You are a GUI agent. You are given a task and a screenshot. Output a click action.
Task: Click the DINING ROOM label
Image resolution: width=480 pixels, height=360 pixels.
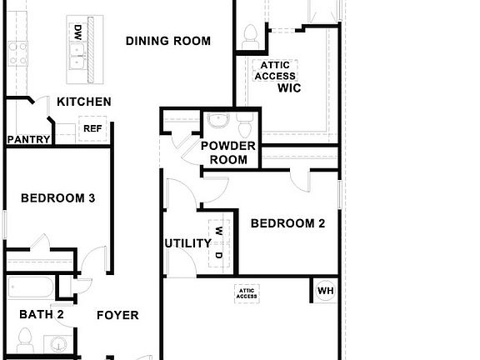[167, 40]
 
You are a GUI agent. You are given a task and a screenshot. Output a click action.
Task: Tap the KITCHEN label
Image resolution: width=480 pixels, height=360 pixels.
[83, 102]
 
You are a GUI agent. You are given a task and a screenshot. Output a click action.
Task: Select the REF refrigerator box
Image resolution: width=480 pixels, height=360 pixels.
[91, 128]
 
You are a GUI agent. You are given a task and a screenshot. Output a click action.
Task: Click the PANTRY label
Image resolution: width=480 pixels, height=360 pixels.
[28, 139]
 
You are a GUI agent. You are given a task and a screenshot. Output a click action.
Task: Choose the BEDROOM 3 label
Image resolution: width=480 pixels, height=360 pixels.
[57, 198]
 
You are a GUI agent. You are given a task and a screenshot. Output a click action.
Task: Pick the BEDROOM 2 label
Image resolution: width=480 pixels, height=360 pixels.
[287, 223]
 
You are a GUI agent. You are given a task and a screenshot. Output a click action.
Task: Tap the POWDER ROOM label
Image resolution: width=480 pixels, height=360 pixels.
[228, 152]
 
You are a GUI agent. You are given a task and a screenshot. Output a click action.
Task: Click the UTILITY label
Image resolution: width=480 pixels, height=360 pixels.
[187, 243]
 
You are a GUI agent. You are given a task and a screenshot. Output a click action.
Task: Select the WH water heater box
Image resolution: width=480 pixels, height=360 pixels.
[325, 290]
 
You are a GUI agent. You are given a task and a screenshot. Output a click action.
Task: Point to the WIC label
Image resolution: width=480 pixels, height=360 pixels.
[289, 87]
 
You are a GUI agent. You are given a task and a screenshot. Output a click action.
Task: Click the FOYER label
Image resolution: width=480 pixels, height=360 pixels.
[117, 316]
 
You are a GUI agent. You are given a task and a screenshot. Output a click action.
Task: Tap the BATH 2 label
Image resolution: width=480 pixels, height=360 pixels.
[42, 314]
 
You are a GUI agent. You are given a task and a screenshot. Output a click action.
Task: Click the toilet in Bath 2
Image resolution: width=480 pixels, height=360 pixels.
[24, 339]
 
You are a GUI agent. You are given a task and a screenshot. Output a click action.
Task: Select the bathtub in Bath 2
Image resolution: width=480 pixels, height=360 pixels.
[30, 288]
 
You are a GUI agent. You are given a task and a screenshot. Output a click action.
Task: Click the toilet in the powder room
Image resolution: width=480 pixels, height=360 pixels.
[245, 127]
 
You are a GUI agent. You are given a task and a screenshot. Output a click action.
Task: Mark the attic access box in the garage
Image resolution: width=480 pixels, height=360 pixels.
[247, 292]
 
